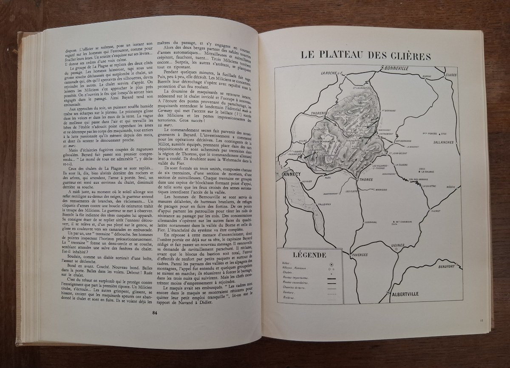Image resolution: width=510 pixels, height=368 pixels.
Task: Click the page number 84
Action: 155,313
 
